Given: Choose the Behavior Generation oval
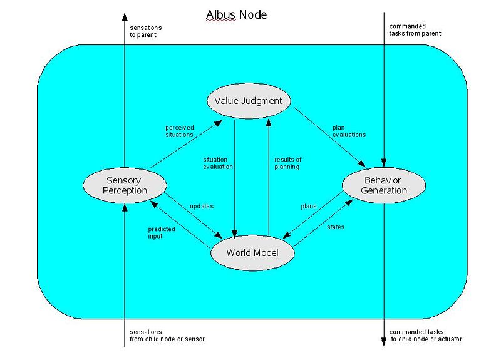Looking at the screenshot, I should click(x=384, y=185).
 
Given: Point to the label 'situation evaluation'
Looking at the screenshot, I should click(x=218, y=163).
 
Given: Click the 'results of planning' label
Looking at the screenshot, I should click(x=288, y=163).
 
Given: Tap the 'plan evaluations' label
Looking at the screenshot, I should click(x=349, y=131).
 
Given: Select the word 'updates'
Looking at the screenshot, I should click(x=202, y=205).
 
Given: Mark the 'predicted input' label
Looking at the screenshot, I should click(x=162, y=232).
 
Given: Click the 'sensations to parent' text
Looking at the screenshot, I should click(x=143, y=31).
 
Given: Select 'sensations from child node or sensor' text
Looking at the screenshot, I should click(x=167, y=335).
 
